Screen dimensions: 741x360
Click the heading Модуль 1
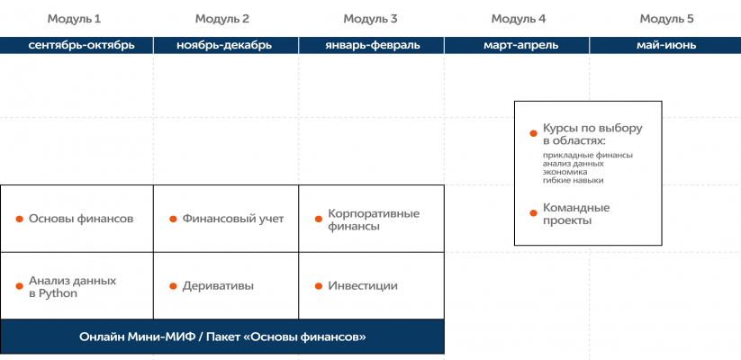click(x=74, y=19)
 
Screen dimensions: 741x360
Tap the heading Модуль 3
click(x=370, y=19)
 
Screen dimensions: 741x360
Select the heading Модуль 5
click(x=667, y=19)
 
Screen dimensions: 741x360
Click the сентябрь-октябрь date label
click(x=81, y=45)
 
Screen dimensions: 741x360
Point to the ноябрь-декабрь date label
click(x=224, y=45)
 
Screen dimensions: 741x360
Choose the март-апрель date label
click(x=520, y=45)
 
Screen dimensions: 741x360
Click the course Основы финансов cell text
click(x=81, y=219)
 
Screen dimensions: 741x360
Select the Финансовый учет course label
click(x=233, y=219)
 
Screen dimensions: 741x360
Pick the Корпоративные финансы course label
click(x=374, y=220)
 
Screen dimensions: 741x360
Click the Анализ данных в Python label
click(x=72, y=287)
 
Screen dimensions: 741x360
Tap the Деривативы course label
click(x=218, y=286)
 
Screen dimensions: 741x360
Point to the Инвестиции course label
click(x=363, y=286)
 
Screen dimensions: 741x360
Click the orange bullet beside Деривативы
click(x=173, y=286)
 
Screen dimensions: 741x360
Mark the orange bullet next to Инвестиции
click(x=319, y=286)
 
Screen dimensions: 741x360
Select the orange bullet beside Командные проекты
click(x=533, y=213)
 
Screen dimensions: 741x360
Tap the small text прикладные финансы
click(x=587, y=155)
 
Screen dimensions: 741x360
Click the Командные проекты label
click(x=576, y=214)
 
